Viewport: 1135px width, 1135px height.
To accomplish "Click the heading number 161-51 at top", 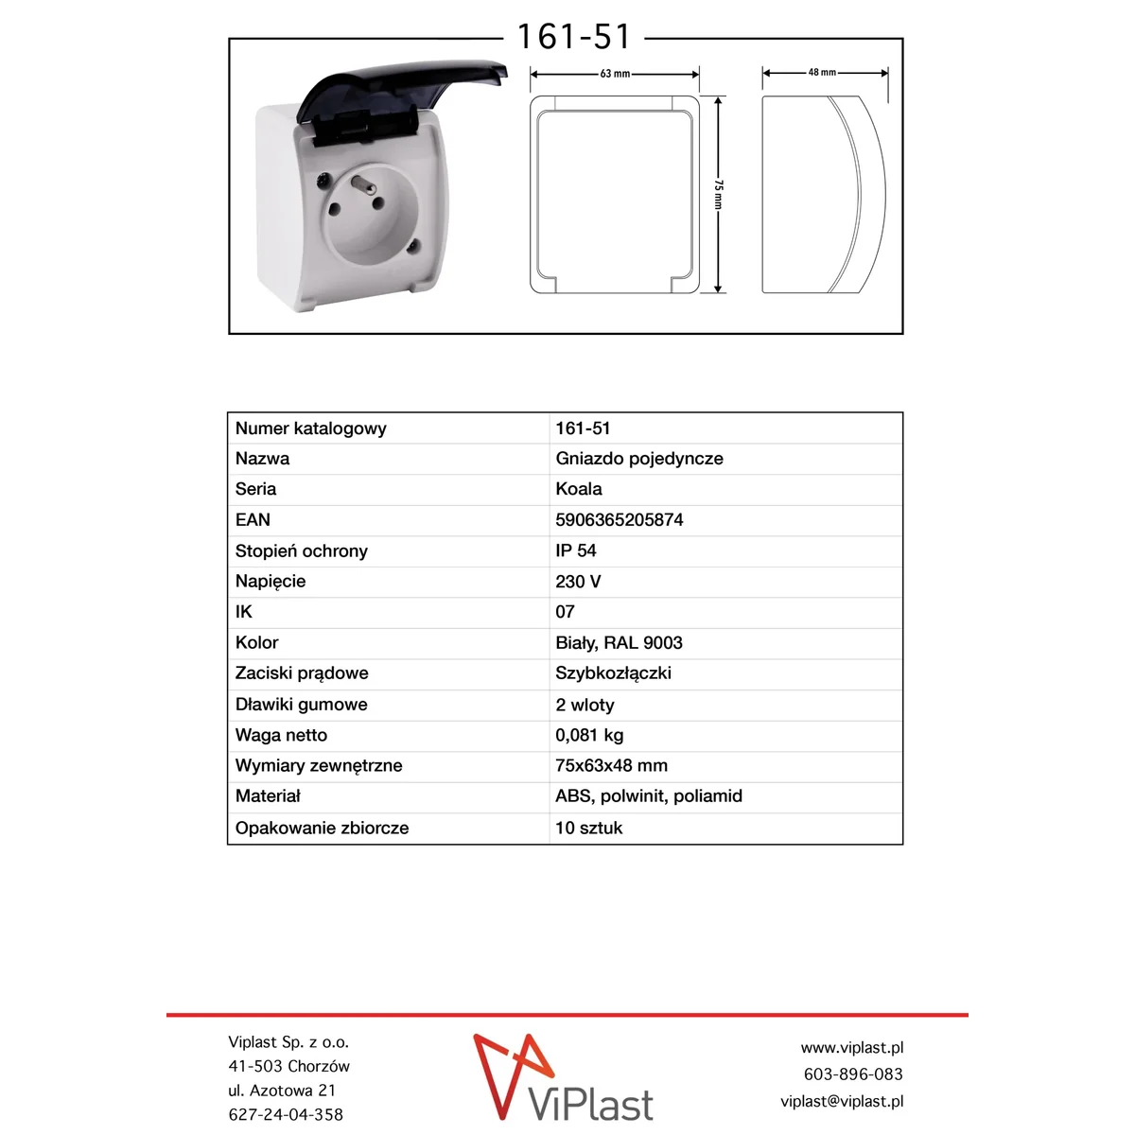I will (573, 37).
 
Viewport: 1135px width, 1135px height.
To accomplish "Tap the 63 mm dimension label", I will (615, 74).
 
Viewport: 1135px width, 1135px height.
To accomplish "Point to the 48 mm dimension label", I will (822, 72).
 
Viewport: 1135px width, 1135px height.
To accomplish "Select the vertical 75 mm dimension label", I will (718, 194).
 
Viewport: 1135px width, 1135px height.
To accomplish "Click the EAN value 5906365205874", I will (619, 520).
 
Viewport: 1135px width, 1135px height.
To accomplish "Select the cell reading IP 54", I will (575, 550).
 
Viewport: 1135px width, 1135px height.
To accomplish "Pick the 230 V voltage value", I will (578, 582).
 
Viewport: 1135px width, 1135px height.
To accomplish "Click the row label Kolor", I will (256, 643).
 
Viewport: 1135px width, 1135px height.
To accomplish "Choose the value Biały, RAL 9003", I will (619, 643).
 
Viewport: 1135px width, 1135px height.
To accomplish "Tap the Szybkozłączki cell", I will (613, 673).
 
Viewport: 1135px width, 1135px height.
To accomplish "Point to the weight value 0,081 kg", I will (589, 735).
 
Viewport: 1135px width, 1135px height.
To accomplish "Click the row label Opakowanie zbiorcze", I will (322, 828).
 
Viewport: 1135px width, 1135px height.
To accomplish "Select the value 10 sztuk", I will (588, 828).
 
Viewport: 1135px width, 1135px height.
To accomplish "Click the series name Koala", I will (578, 489).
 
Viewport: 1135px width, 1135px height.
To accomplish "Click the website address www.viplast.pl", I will (851, 1048).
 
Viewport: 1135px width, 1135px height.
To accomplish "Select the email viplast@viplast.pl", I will (841, 1101).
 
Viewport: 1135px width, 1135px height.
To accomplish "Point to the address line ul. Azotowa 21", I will (282, 1091).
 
